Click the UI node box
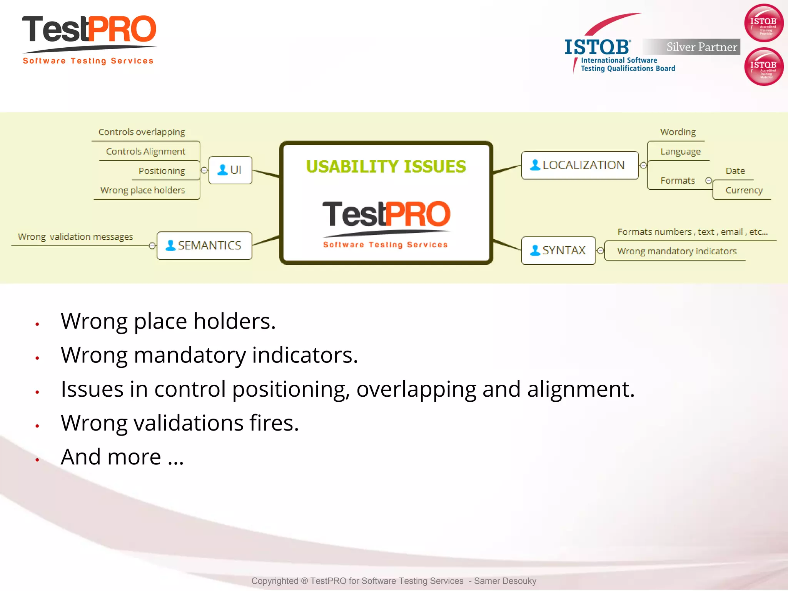click(x=230, y=170)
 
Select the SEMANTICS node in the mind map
click(x=204, y=245)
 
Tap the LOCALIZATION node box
click(x=579, y=165)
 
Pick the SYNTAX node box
click(x=558, y=250)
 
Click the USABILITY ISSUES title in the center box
click(x=386, y=167)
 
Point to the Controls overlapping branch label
click(x=142, y=132)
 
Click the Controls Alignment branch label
click(x=145, y=151)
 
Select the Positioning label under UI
click(x=162, y=171)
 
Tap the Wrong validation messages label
click(x=75, y=237)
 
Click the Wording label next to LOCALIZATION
click(x=678, y=132)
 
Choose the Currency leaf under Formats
click(x=744, y=190)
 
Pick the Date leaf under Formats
click(x=735, y=171)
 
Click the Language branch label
click(x=680, y=152)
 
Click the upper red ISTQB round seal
click(x=764, y=23)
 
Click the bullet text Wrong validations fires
click(x=180, y=423)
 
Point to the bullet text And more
click(x=122, y=457)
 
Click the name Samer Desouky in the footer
click(x=505, y=581)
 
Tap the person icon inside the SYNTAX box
click(x=535, y=250)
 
